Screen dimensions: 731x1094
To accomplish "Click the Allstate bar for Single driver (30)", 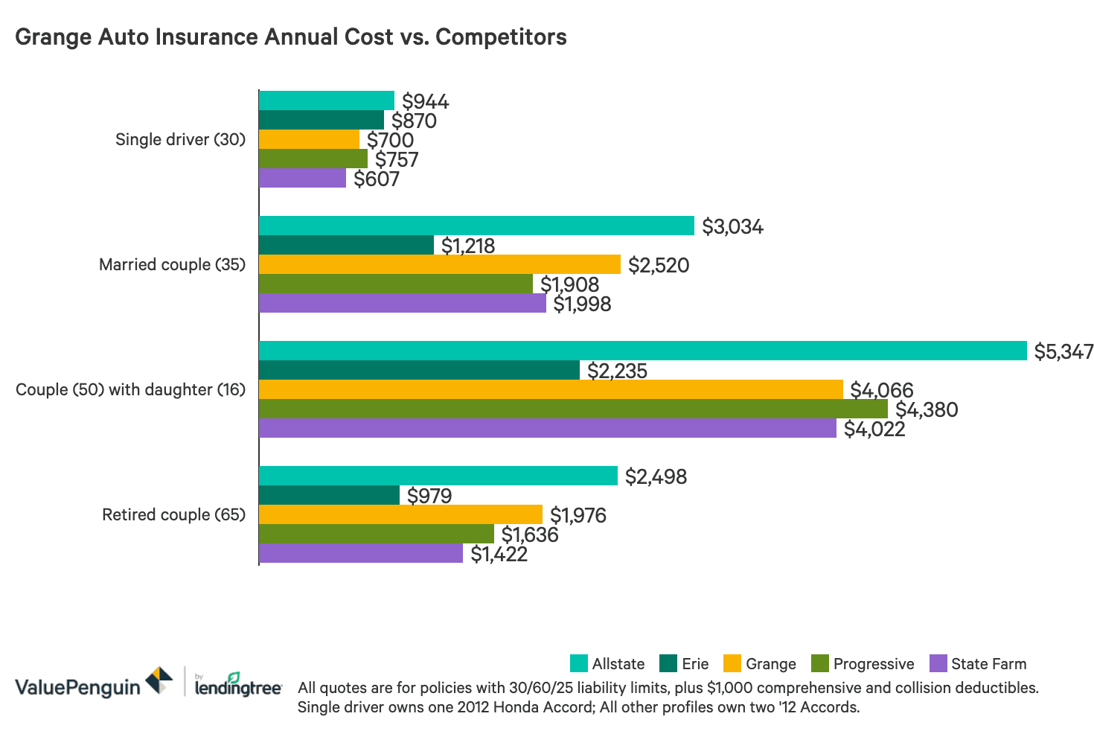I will tap(326, 100).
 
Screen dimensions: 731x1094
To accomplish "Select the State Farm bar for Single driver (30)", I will tap(302, 178).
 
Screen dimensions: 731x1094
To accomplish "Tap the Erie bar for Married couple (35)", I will tap(346, 245).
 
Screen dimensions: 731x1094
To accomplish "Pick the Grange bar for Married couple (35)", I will tap(439, 264).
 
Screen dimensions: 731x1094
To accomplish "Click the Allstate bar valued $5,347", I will tap(642, 351).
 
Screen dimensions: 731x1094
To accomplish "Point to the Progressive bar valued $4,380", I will tap(573, 409).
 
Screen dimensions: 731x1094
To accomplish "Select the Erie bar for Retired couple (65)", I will tap(329, 495).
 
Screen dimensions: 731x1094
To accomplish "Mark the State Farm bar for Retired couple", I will tap(361, 553).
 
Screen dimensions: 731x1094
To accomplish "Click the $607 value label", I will tap(377, 179).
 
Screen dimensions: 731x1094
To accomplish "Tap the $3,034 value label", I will tap(732, 226).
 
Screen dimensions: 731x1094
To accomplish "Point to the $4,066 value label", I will tap(881, 389).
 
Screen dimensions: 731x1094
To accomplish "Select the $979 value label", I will tap(429, 496).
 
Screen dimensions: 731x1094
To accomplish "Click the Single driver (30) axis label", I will tap(180, 139).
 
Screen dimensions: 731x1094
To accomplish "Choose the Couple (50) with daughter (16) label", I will tap(130, 389).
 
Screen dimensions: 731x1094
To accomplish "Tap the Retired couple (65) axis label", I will tap(173, 514).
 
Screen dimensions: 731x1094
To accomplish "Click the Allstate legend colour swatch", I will tap(578, 663).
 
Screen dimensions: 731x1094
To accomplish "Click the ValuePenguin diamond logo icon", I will tap(159, 680).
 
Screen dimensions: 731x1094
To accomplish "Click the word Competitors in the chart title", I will tap(501, 36).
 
